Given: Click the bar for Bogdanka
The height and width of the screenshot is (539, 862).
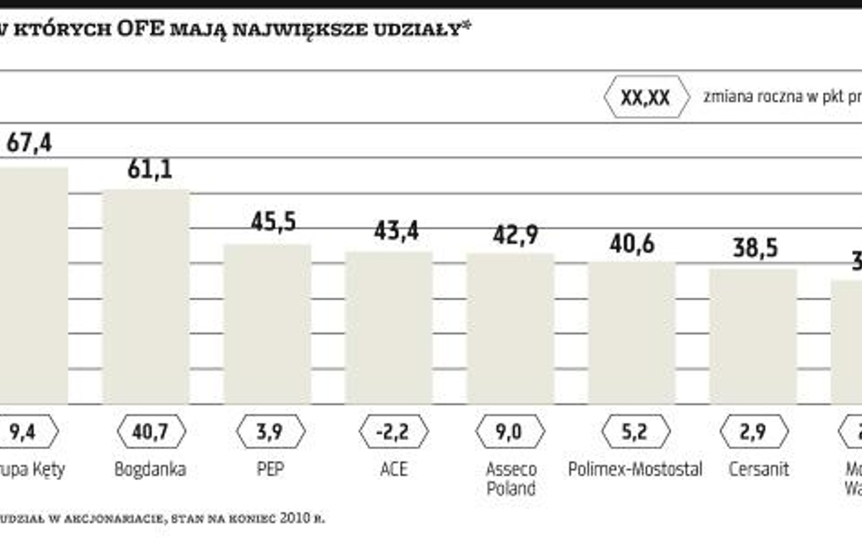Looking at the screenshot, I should pos(145,296).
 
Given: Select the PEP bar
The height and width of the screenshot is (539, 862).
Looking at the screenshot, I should pos(267,324).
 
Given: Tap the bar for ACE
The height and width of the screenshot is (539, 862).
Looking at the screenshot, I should pos(388,327).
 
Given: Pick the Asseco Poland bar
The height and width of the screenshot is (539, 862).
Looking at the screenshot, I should pos(510,328).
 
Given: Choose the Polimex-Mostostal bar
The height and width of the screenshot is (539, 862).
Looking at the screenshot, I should pos(632,333).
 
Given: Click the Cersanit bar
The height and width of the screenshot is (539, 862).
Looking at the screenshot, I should pos(753,336).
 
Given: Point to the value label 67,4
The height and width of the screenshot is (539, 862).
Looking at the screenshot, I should pos(29,144).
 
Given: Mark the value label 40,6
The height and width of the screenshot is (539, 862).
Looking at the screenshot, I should pos(633,244).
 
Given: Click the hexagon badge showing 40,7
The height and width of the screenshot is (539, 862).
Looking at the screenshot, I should pos(151,432).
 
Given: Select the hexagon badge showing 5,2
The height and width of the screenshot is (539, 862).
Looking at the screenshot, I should pos(633,432).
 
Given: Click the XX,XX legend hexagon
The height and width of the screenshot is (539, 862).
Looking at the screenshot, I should pos(645,98).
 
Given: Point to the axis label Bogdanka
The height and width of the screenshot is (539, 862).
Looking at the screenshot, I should pos(150,470).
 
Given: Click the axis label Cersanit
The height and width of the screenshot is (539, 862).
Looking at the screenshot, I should pos(758,470).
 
